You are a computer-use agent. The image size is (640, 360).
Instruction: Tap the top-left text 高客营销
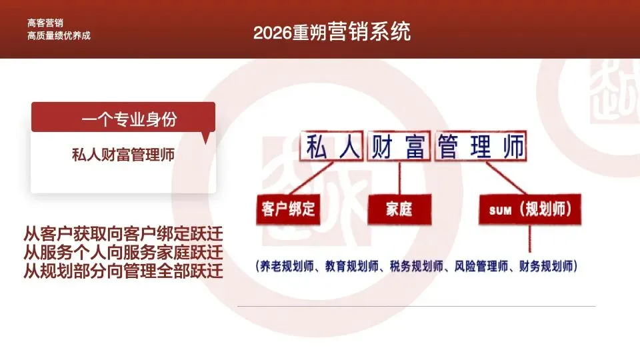[x=45, y=23]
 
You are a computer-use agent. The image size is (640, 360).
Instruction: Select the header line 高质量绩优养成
[x=59, y=35]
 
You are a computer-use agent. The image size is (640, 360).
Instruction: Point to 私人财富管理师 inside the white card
[x=123, y=155]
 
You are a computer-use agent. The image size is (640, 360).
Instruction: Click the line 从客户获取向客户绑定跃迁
[x=123, y=235]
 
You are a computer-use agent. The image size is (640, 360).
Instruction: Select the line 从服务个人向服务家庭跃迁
[x=123, y=253]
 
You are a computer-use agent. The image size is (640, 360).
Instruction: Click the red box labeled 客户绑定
[x=288, y=210]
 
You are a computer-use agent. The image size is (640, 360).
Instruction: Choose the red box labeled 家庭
[x=399, y=210]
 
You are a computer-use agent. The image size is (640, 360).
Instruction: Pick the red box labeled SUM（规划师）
[x=529, y=211]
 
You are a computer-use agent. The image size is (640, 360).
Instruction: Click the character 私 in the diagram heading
[x=317, y=147]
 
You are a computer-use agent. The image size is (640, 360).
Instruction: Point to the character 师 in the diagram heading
[x=513, y=147]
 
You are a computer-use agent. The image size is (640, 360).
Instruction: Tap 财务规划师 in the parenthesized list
[x=544, y=266]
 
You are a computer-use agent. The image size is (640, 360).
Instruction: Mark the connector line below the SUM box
[x=530, y=241]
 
